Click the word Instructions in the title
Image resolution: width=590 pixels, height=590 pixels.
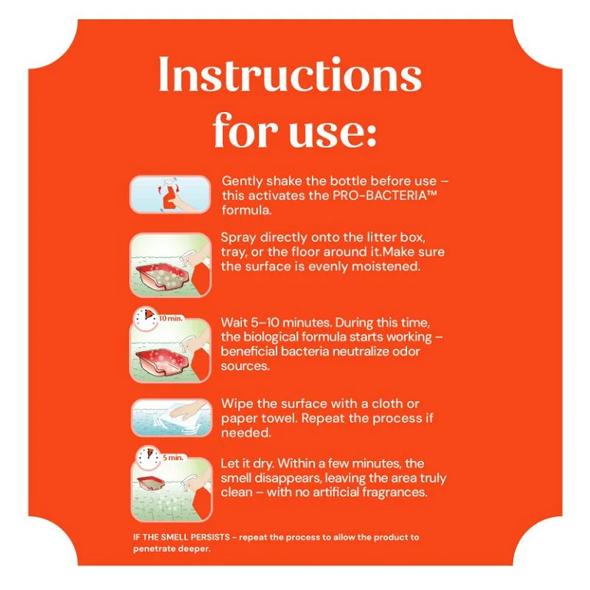[x=290, y=74]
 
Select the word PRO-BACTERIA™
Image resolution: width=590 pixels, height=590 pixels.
[x=385, y=196]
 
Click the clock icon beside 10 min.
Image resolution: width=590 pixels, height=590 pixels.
[x=146, y=319]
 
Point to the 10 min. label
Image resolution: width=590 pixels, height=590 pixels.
[x=171, y=318]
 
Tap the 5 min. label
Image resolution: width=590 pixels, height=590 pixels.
[x=173, y=458]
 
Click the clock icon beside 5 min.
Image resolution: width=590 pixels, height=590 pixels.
[x=148, y=458]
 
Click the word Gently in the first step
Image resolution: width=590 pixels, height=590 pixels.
[x=242, y=181]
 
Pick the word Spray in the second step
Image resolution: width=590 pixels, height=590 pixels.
[x=238, y=238]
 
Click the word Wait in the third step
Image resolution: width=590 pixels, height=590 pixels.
[x=234, y=323]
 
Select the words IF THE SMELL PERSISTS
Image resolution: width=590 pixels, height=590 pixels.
[x=181, y=537]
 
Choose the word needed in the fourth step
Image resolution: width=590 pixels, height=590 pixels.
[x=246, y=433]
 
